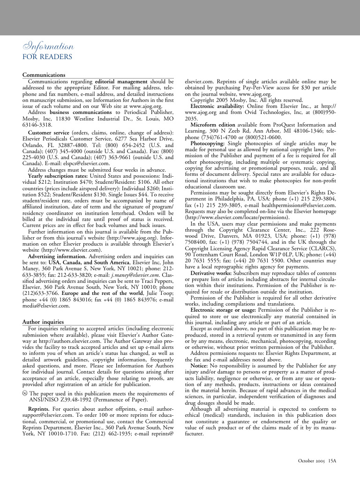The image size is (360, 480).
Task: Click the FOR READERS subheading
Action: pyautogui.click(x=47, y=57)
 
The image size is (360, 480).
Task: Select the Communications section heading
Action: pyautogui.click(x=44, y=75)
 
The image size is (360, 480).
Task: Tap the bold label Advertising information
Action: pyautogui.click(x=59, y=256)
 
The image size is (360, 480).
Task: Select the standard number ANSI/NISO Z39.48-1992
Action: pyautogui.click(x=59, y=400)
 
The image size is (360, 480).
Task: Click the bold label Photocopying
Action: pyautogui.click(x=210, y=143)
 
